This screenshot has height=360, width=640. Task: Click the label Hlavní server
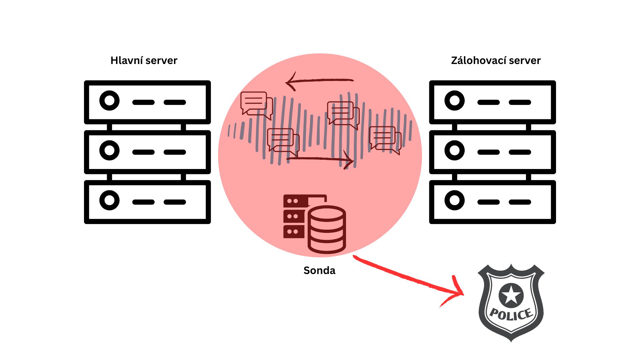[x=144, y=60]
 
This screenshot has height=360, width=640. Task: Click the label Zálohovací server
[x=496, y=60]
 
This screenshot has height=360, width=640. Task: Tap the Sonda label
[x=319, y=270]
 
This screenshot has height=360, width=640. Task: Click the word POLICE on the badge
[x=511, y=314]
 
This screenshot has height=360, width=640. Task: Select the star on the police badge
[x=511, y=295]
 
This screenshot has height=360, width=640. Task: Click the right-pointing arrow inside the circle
[x=320, y=159]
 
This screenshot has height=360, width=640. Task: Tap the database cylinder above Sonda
[x=327, y=230]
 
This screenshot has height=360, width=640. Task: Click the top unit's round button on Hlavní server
[x=109, y=100]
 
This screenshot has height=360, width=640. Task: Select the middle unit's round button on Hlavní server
[x=109, y=150]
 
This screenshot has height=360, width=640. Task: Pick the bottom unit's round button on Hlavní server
[x=109, y=200]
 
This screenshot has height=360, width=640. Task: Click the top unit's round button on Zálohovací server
[x=454, y=100]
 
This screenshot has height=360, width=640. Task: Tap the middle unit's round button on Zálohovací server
[x=454, y=150]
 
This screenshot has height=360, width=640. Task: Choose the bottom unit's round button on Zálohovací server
[x=454, y=200]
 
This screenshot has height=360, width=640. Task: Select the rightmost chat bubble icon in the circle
[x=385, y=140]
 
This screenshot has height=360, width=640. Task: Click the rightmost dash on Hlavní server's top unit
[x=175, y=102]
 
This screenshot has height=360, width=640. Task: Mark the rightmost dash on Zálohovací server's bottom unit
[x=520, y=202]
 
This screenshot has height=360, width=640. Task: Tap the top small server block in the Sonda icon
[x=295, y=201]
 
